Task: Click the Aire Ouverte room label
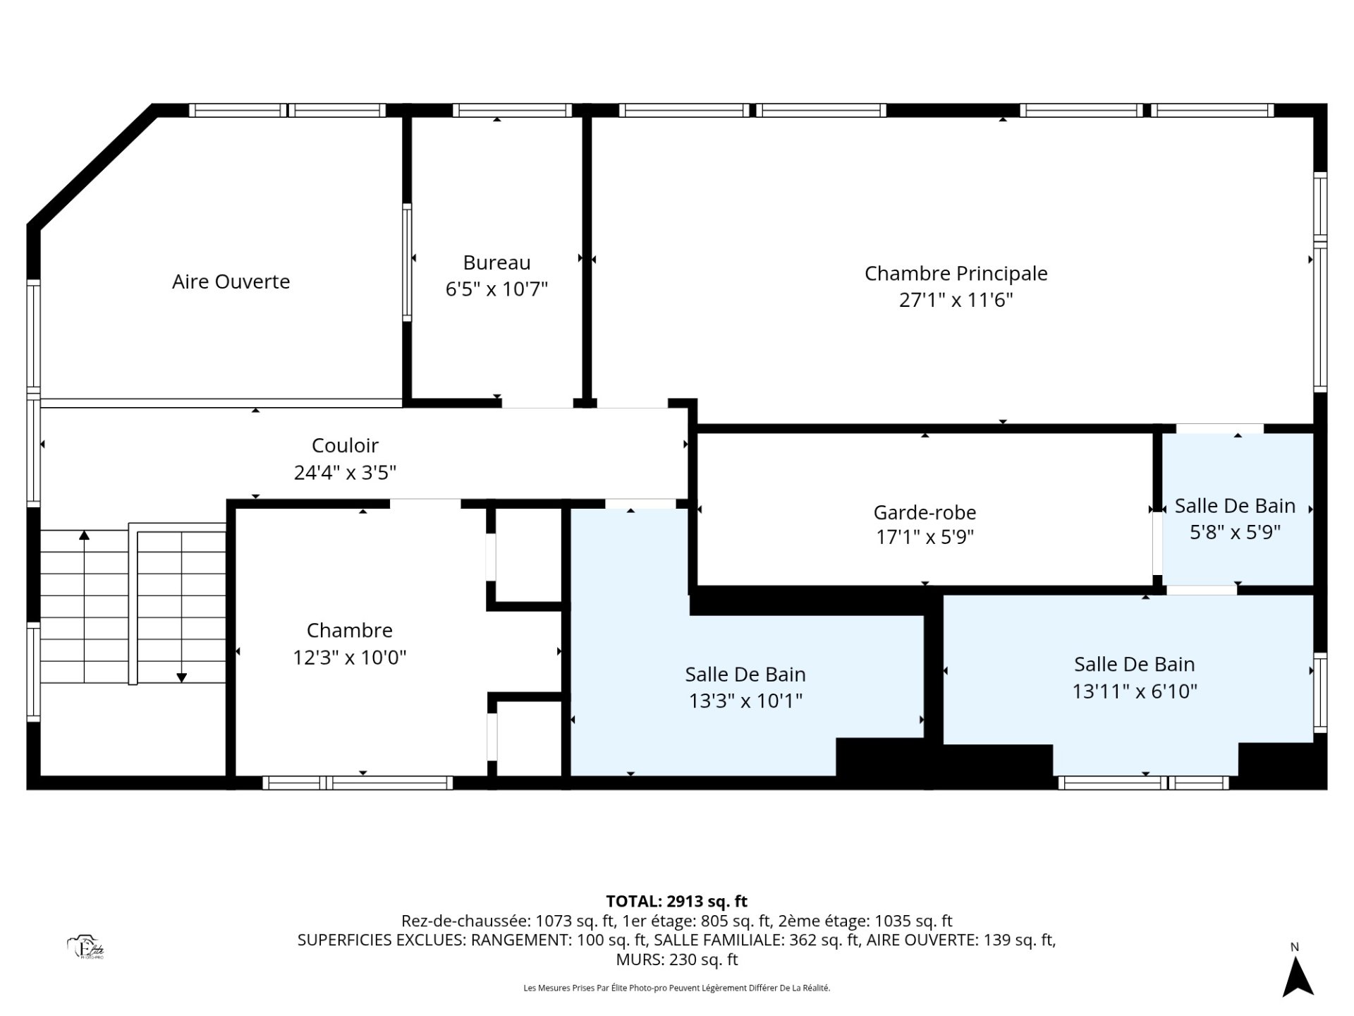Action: click(x=231, y=282)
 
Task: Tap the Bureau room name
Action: click(x=496, y=262)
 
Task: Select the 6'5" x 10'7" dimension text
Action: click(x=496, y=289)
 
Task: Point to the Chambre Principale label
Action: click(x=956, y=273)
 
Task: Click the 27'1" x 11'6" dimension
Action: click(x=956, y=300)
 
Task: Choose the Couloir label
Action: click(x=345, y=445)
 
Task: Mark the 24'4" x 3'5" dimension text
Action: click(x=345, y=472)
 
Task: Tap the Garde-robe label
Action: click(x=925, y=512)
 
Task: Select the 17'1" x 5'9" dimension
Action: click(x=925, y=538)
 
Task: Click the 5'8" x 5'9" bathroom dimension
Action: click(x=1235, y=532)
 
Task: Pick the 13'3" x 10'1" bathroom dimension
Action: click(x=745, y=701)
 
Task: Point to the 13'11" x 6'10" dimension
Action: click(x=1135, y=691)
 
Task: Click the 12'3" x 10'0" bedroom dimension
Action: click(x=350, y=657)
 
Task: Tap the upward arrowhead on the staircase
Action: click(x=85, y=535)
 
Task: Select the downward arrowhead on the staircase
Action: click(x=181, y=678)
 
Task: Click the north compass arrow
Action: click(x=1298, y=978)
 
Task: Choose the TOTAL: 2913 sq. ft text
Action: click(x=676, y=901)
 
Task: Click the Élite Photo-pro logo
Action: click(x=86, y=948)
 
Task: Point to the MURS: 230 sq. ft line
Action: click(x=676, y=960)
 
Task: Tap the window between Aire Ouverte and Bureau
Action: click(x=407, y=262)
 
